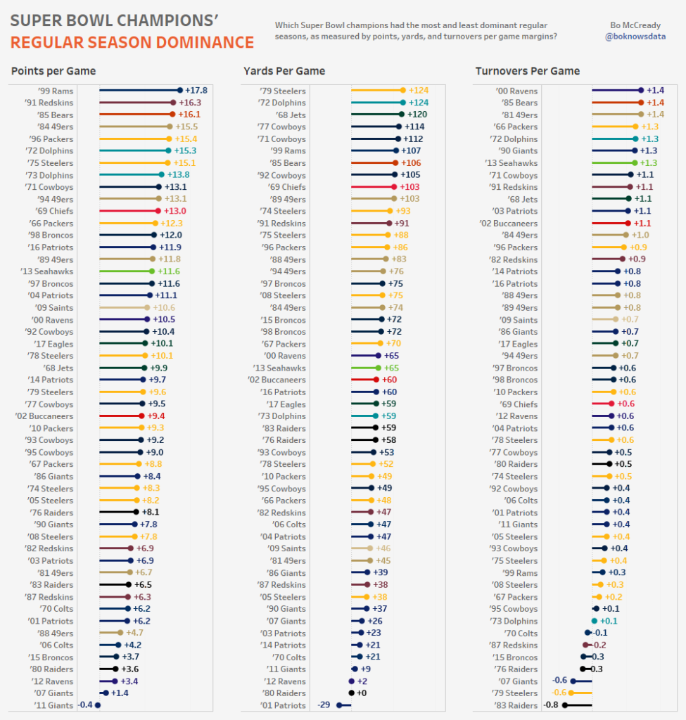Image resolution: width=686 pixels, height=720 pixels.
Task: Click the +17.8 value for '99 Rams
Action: (196, 91)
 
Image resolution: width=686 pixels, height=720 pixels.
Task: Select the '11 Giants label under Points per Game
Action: (53, 705)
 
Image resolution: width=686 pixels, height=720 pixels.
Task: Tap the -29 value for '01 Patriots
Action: (324, 705)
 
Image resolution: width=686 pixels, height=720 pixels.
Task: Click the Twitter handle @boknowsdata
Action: (635, 37)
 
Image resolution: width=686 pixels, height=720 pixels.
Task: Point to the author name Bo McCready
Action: (635, 25)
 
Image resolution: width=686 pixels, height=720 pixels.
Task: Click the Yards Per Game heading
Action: (284, 71)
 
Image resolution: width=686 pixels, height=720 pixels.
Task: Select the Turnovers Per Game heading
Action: (528, 71)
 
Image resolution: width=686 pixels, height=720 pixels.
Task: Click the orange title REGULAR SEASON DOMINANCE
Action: (132, 43)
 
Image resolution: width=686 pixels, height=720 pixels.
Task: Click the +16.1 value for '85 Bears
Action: (189, 115)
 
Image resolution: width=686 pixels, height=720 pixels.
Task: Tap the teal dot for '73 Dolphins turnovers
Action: (595, 621)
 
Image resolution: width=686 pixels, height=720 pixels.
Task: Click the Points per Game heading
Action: (53, 71)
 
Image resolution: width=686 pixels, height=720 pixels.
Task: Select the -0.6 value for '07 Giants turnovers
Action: (560, 681)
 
